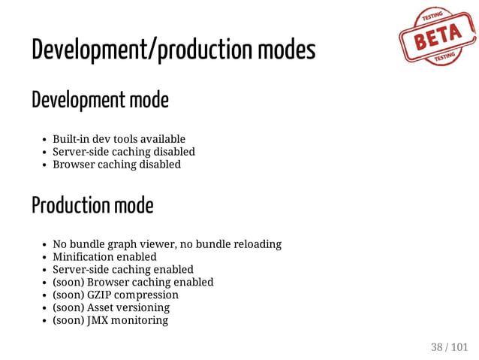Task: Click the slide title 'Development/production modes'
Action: (173, 50)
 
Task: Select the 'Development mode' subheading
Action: (100, 99)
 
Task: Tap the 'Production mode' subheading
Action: (92, 204)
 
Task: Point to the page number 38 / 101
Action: (449, 346)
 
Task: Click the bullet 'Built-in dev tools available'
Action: (119, 139)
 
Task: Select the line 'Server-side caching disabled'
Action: (123, 152)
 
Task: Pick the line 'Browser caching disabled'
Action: (116, 165)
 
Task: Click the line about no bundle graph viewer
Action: (167, 244)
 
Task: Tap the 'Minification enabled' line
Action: (104, 257)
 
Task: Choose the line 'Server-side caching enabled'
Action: (122, 270)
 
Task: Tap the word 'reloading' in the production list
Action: (256, 244)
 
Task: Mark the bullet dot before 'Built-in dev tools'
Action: (45, 140)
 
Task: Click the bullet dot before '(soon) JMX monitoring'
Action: (45, 321)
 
